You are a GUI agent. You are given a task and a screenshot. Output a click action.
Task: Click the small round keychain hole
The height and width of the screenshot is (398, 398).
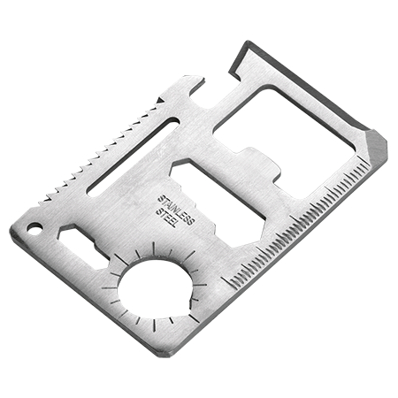(34, 228)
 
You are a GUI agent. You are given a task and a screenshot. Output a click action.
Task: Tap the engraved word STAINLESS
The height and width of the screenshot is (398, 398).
(176, 210)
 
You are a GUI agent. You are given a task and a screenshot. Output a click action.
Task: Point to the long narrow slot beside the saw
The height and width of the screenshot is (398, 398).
(134, 157)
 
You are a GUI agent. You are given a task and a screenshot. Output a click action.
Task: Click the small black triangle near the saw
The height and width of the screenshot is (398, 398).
(160, 100)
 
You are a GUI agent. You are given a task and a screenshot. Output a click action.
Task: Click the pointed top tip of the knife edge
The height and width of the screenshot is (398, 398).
(246, 42)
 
